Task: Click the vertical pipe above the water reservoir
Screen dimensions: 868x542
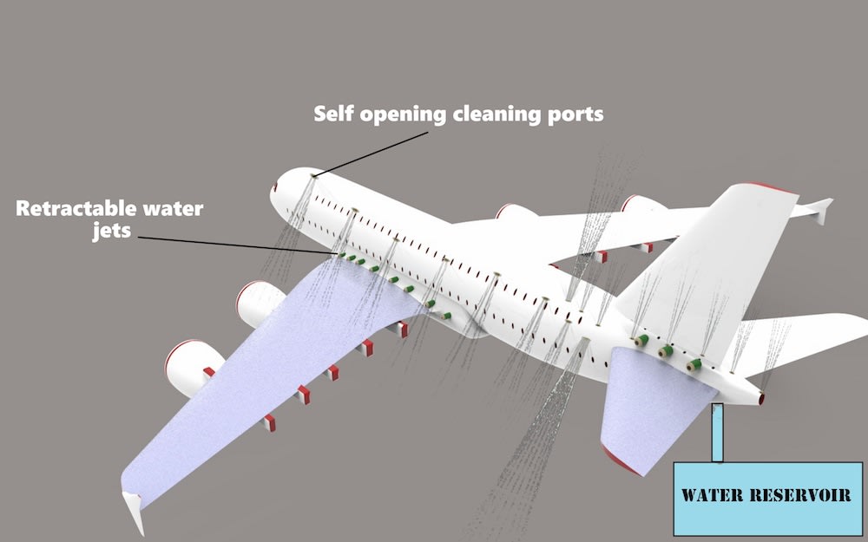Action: click(717, 433)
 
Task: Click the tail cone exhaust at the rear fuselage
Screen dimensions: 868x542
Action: click(761, 398)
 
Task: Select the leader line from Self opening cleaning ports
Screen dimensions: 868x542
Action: click(373, 153)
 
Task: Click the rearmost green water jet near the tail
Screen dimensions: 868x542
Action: click(694, 366)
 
